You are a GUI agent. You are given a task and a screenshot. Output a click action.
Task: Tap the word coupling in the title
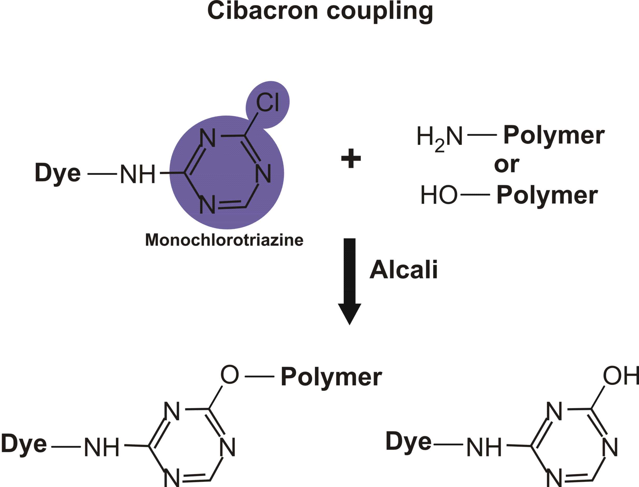pyautogui.click(x=380, y=12)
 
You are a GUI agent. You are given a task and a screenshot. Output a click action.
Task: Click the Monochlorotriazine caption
pyautogui.click(x=224, y=240)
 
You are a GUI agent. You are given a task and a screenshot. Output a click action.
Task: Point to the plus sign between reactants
pyautogui.click(x=351, y=158)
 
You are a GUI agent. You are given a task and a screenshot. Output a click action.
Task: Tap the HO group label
pyautogui.click(x=439, y=195)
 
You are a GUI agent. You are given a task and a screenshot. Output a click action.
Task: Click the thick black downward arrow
pyautogui.click(x=349, y=281)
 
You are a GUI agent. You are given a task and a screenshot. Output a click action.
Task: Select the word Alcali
pyautogui.click(x=403, y=270)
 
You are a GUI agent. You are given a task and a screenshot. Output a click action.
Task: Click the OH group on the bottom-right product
pyautogui.click(x=620, y=376)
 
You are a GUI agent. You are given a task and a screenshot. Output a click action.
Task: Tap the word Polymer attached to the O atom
pyautogui.click(x=331, y=377)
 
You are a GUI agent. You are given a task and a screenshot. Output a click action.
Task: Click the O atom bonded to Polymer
pyautogui.click(x=230, y=375)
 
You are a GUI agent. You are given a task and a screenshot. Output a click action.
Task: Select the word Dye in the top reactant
pyautogui.click(x=58, y=173)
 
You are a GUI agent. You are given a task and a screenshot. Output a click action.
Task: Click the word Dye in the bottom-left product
pyautogui.click(x=24, y=444)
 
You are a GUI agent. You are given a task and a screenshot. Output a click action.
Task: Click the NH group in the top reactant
pyautogui.click(x=137, y=175)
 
